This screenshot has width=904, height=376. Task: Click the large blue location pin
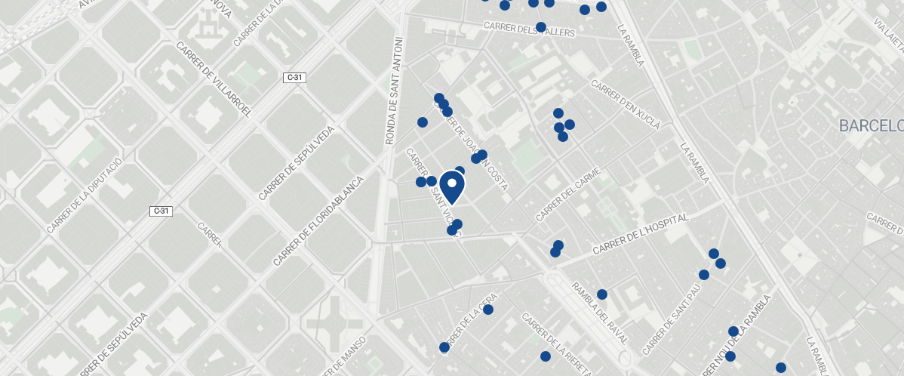click(451, 186)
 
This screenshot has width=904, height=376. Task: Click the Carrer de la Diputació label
click(84, 196)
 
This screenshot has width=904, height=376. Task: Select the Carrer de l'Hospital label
click(641, 233)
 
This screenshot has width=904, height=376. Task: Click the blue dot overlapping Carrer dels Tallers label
click(541, 27)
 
